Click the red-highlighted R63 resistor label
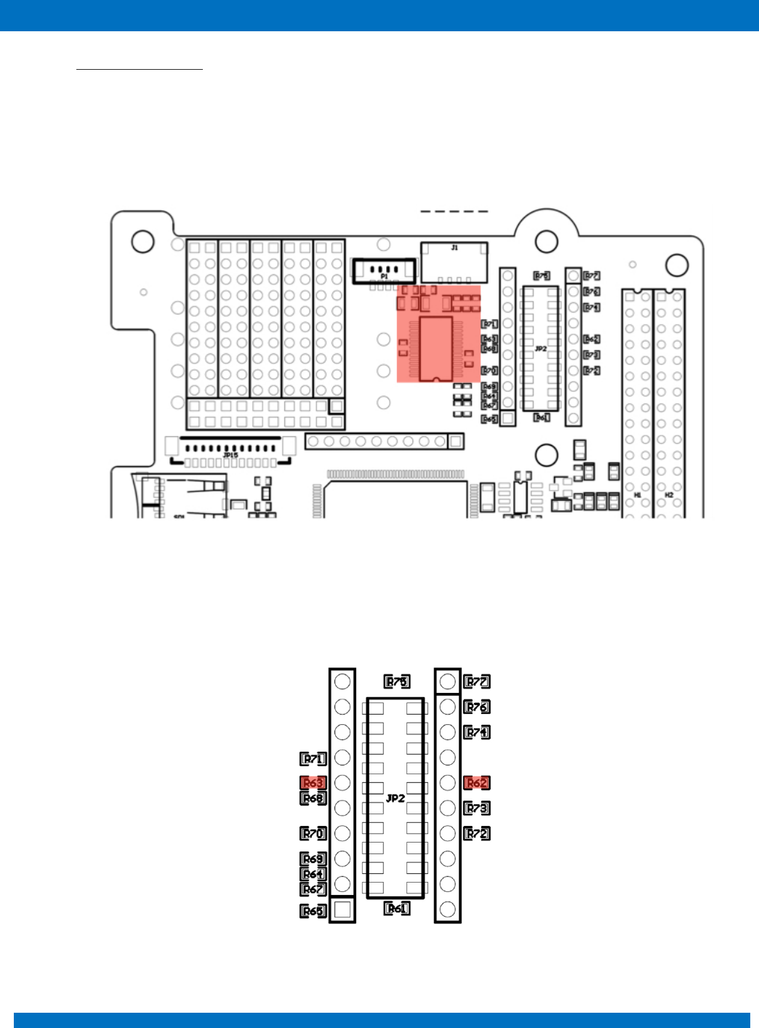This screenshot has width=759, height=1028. coord(313,783)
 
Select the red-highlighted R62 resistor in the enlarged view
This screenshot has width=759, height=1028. coord(477,783)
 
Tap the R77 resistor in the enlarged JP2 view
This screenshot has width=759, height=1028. coord(477,682)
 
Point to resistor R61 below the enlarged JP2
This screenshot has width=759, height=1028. coord(397,909)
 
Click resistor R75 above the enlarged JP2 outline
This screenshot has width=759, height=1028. coord(397,682)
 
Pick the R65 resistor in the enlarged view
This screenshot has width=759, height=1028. coord(313,911)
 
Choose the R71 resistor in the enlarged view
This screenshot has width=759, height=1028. coord(313,759)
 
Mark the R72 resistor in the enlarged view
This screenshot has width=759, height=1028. coord(477,833)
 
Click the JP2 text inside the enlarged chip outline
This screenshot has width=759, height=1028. coord(395,798)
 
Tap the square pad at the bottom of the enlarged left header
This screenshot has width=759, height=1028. coord(342,909)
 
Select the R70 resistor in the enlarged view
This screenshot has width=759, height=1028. coord(313,833)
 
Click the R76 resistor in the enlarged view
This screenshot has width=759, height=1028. coord(477,707)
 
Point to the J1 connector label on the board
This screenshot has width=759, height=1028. coord(454,248)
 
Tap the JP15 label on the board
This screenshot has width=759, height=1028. coord(230,455)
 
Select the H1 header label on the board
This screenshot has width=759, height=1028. coord(638,495)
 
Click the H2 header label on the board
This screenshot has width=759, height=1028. coord(670,495)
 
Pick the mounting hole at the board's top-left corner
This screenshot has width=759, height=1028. coord(142,241)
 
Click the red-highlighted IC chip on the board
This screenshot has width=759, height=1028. coord(436,348)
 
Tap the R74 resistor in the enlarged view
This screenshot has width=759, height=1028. coord(477,732)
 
